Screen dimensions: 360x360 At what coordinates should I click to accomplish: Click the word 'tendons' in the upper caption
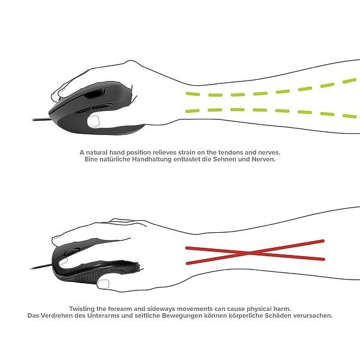230,152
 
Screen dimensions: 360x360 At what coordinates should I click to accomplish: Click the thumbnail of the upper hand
94,121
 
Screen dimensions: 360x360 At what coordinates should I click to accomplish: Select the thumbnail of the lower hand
103,284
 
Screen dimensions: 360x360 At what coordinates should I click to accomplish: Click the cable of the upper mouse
41,119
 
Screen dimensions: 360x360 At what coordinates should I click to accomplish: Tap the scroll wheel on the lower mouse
71,251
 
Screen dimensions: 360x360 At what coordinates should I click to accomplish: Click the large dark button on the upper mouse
95,94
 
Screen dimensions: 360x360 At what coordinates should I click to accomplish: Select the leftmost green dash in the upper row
193,94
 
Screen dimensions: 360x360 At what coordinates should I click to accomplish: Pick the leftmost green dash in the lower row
193,111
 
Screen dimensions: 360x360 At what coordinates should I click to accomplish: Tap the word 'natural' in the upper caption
97,152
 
